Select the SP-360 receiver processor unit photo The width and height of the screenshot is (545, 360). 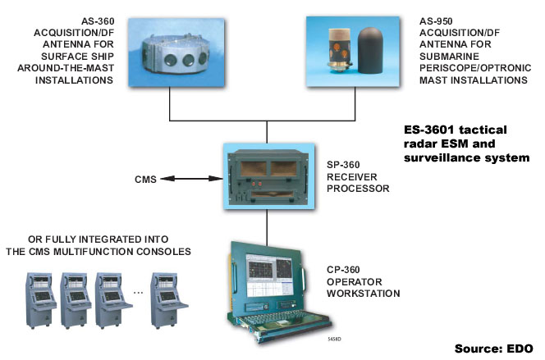click(x=269, y=172)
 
